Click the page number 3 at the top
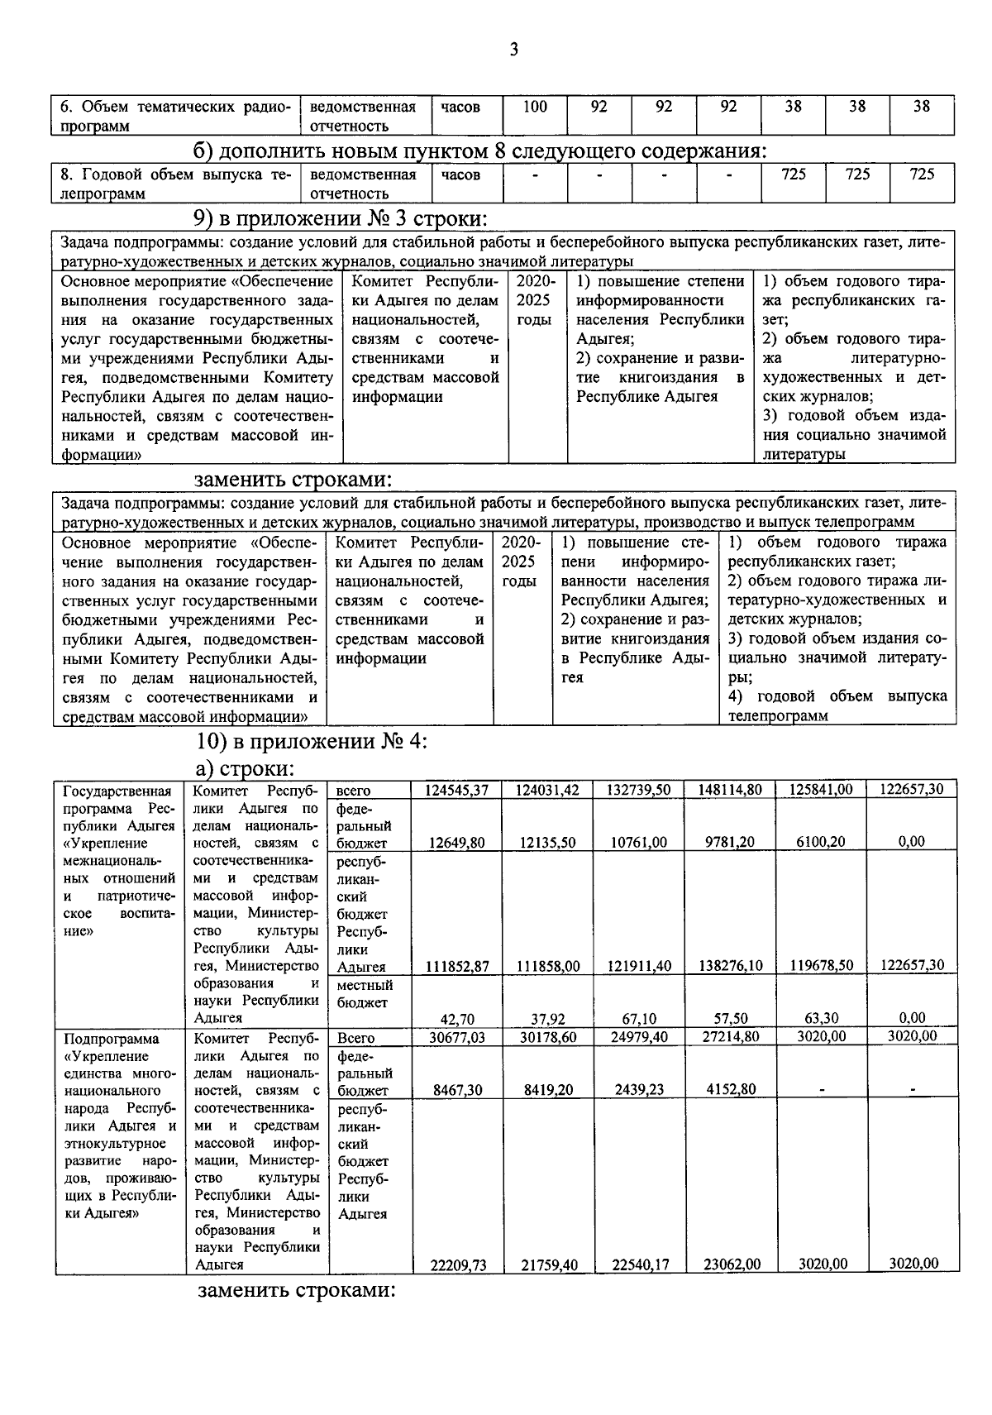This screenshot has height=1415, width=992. [513, 50]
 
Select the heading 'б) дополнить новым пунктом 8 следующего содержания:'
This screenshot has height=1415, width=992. [479, 151]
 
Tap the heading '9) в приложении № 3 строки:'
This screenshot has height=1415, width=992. [340, 219]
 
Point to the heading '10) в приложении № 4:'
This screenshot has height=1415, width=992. [312, 741]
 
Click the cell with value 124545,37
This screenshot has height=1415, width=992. [457, 790]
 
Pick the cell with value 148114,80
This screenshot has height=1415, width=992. [730, 790]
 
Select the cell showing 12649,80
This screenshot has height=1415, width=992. [457, 843]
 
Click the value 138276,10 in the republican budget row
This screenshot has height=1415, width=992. [730, 966]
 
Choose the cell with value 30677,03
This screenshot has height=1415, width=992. [457, 1037]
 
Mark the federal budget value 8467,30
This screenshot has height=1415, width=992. [457, 1090]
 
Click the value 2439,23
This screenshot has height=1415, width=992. [640, 1090]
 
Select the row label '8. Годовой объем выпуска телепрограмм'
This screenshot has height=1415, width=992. [176, 184]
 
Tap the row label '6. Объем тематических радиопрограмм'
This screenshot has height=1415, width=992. [176, 116]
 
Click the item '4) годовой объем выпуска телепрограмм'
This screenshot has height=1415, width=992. [837, 706]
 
